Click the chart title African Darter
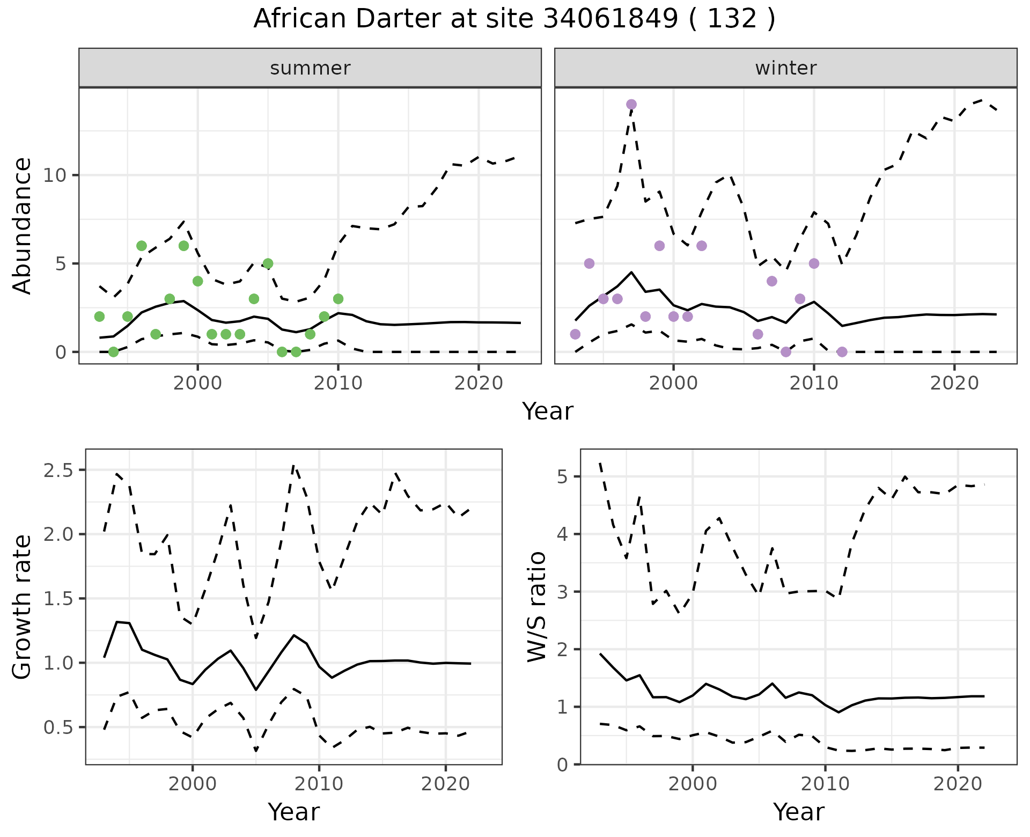tap(514, 19)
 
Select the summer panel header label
tap(310, 68)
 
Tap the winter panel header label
tap(785, 68)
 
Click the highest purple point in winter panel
tap(631, 104)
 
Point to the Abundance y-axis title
tap(23, 225)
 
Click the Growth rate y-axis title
tap(23, 607)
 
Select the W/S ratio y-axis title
tap(537, 607)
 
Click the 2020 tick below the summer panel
tap(478, 384)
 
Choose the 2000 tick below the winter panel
tap(673, 384)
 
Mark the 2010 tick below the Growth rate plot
tap(319, 784)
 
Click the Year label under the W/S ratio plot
tap(798, 812)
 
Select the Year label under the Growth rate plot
tap(293, 812)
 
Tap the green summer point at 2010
tap(338, 299)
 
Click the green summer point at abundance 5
tap(268, 263)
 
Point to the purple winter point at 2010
tap(814, 263)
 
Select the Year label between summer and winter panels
tap(548, 412)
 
